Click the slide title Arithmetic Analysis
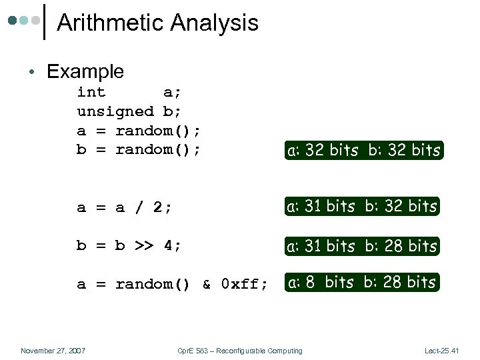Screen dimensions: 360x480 [157, 23]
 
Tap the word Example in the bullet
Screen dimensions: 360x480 [85, 71]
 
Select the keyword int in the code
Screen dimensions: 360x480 [91, 92]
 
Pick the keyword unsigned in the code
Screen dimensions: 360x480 [115, 111]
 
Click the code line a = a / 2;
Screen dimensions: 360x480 [125, 207]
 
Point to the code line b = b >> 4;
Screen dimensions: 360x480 [129, 245]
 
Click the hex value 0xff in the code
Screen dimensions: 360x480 [244, 285]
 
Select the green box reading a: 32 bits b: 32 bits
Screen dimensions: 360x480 [363, 151]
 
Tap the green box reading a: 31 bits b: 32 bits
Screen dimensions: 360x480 [361, 207]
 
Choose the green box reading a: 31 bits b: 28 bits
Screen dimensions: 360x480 [361, 246]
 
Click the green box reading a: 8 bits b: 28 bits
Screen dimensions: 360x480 [361, 283]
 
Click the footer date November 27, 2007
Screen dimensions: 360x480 [53, 351]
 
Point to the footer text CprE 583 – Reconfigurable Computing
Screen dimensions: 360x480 [240, 351]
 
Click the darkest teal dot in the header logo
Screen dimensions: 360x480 [12, 21]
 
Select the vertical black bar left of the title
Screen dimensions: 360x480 [45, 22]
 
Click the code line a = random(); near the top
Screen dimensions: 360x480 [139, 130]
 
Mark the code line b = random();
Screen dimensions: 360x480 [139, 149]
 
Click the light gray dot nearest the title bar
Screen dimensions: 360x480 [35, 21]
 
